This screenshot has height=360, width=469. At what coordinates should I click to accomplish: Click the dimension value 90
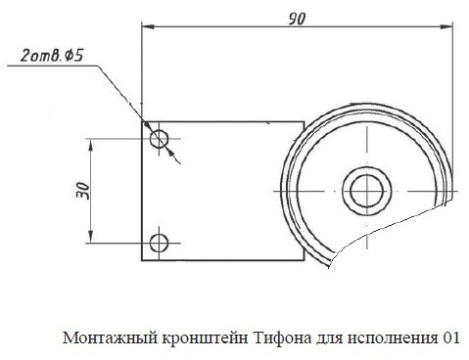(297, 19)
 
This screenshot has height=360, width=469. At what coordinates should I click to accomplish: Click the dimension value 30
(83, 191)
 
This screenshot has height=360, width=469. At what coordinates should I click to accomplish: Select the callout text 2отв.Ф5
(52, 56)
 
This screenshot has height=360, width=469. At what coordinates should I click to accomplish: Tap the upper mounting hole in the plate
(159, 139)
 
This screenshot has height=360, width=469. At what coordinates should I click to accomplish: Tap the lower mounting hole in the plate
(159, 243)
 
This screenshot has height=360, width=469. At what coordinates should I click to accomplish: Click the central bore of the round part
(366, 191)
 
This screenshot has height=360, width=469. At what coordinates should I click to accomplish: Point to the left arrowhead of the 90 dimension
(148, 26)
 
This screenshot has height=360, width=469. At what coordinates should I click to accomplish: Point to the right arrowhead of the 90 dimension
(446, 26)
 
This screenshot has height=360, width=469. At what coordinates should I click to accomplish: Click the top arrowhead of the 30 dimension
(91, 145)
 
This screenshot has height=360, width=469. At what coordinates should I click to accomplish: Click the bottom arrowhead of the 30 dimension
(91, 237)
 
